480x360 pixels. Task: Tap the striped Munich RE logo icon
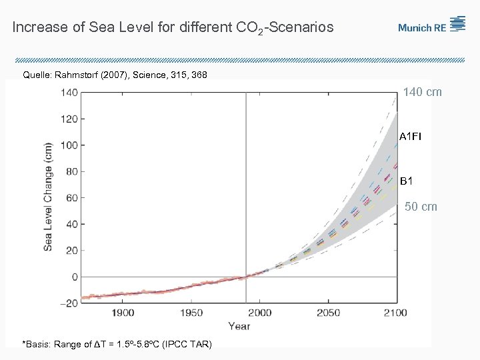457,24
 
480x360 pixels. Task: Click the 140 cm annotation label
422,93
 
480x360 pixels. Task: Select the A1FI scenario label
410,137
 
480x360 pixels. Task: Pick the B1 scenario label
407,181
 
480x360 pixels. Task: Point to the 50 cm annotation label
421,207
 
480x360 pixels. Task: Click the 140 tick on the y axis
69,93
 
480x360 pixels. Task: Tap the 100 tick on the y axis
69,145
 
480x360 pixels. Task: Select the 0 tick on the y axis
74,277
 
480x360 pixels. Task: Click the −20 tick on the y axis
68,303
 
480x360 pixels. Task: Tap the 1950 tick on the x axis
191,313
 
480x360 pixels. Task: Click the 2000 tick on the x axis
260,313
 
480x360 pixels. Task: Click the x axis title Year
239,326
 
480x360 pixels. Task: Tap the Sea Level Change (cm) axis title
49,197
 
